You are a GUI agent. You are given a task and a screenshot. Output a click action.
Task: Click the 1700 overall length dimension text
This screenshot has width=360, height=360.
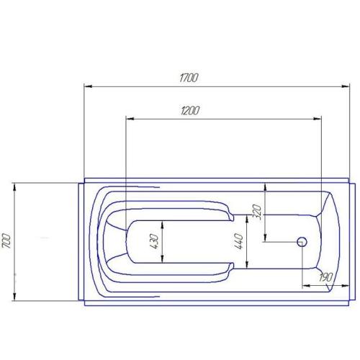point(189,78)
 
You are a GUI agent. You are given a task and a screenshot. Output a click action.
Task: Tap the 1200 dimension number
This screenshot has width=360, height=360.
point(190,111)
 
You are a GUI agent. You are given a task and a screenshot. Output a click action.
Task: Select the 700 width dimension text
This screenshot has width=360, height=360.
point(6,240)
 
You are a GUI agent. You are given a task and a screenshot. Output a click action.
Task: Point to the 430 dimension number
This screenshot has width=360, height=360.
point(154,241)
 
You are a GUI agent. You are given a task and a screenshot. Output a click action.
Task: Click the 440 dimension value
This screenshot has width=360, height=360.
point(239,241)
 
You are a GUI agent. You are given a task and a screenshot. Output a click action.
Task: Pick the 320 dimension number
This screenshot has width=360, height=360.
point(257,213)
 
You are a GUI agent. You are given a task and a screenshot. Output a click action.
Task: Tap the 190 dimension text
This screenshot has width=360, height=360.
point(325,277)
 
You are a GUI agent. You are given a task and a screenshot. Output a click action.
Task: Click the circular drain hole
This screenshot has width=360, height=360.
point(302,242)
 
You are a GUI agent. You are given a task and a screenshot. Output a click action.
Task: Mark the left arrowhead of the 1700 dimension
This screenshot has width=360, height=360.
point(89,86)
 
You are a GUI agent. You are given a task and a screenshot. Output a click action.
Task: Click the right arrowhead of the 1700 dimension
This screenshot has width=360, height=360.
point(346,86)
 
